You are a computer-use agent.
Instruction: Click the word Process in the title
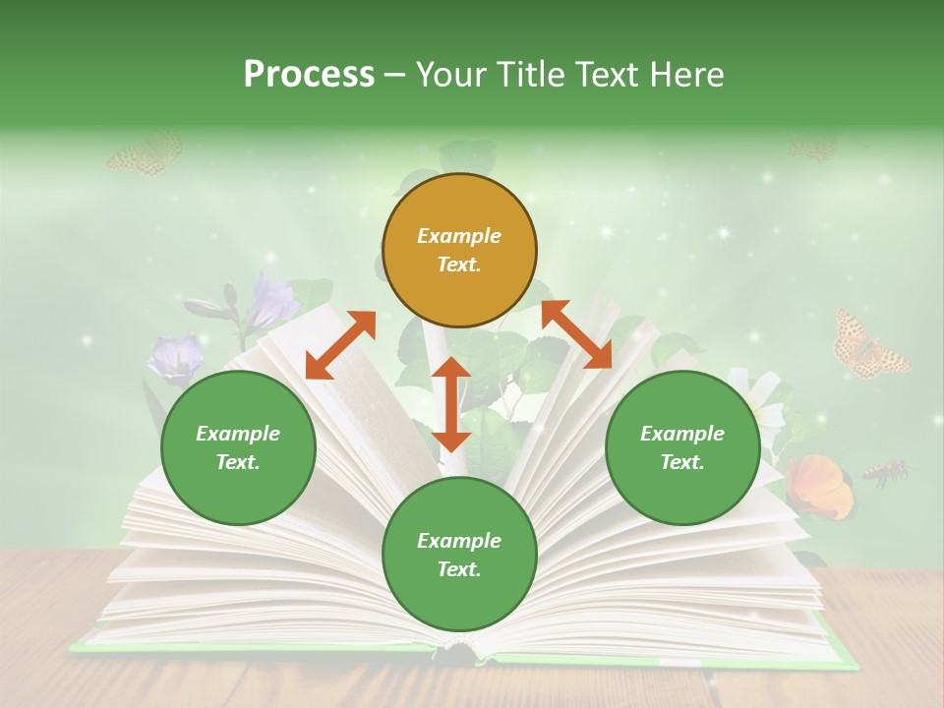pos(309,75)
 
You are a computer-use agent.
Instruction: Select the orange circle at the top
pos(459,250)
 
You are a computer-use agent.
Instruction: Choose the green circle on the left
pos(238,447)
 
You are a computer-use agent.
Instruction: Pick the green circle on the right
pos(682,447)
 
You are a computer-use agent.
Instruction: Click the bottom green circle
pos(459,555)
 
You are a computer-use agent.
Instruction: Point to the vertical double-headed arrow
pos(451,404)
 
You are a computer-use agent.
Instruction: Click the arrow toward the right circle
pos(576,334)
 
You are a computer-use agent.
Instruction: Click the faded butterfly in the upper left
pos(146,154)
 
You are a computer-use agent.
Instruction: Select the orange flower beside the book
pos(820,486)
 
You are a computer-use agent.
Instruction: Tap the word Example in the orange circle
pos(459,236)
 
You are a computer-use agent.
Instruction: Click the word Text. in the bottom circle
pos(459,569)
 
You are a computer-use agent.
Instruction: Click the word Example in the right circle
pos(682,434)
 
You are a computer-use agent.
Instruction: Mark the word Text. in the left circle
pos(238,462)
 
